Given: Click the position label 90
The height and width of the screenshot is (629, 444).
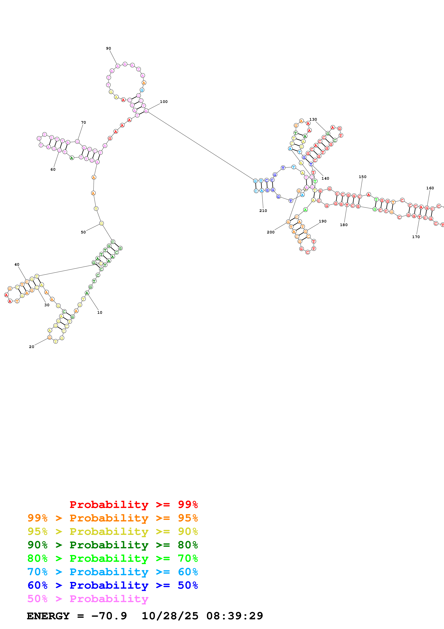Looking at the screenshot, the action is point(109,48).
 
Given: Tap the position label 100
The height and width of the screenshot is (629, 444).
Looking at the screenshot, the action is point(164,102).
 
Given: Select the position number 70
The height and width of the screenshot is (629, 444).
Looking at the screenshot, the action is point(83,122).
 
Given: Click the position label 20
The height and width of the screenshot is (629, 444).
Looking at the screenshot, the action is point(32,347).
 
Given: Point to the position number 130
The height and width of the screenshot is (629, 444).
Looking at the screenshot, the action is point(313,119).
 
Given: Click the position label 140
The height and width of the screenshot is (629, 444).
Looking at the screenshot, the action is point(325,179).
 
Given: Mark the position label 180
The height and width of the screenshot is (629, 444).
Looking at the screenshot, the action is point(344,225).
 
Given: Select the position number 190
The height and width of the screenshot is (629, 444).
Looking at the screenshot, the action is point(323,221).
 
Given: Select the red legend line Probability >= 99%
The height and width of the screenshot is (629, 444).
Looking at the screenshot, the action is point(133,504).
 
